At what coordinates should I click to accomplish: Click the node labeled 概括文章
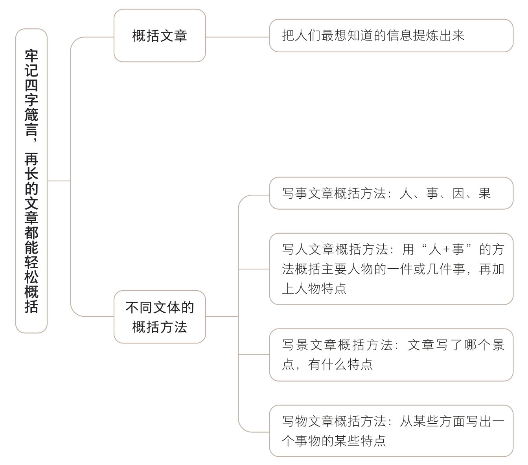click(160, 36)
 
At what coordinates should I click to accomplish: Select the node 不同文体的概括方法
click(160, 317)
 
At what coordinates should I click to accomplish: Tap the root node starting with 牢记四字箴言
click(31, 181)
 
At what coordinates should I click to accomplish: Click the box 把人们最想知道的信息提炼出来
click(391, 36)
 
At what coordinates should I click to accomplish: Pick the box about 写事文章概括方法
click(391, 193)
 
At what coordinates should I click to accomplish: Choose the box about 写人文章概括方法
click(391, 269)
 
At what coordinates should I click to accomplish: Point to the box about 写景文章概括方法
click(391, 354)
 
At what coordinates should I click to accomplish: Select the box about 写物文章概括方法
click(391, 431)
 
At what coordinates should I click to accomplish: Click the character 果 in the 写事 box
click(485, 194)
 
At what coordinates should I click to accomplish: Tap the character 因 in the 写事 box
click(458, 194)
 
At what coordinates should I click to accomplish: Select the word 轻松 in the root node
click(31, 270)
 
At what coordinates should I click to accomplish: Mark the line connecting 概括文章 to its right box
click(237, 37)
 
